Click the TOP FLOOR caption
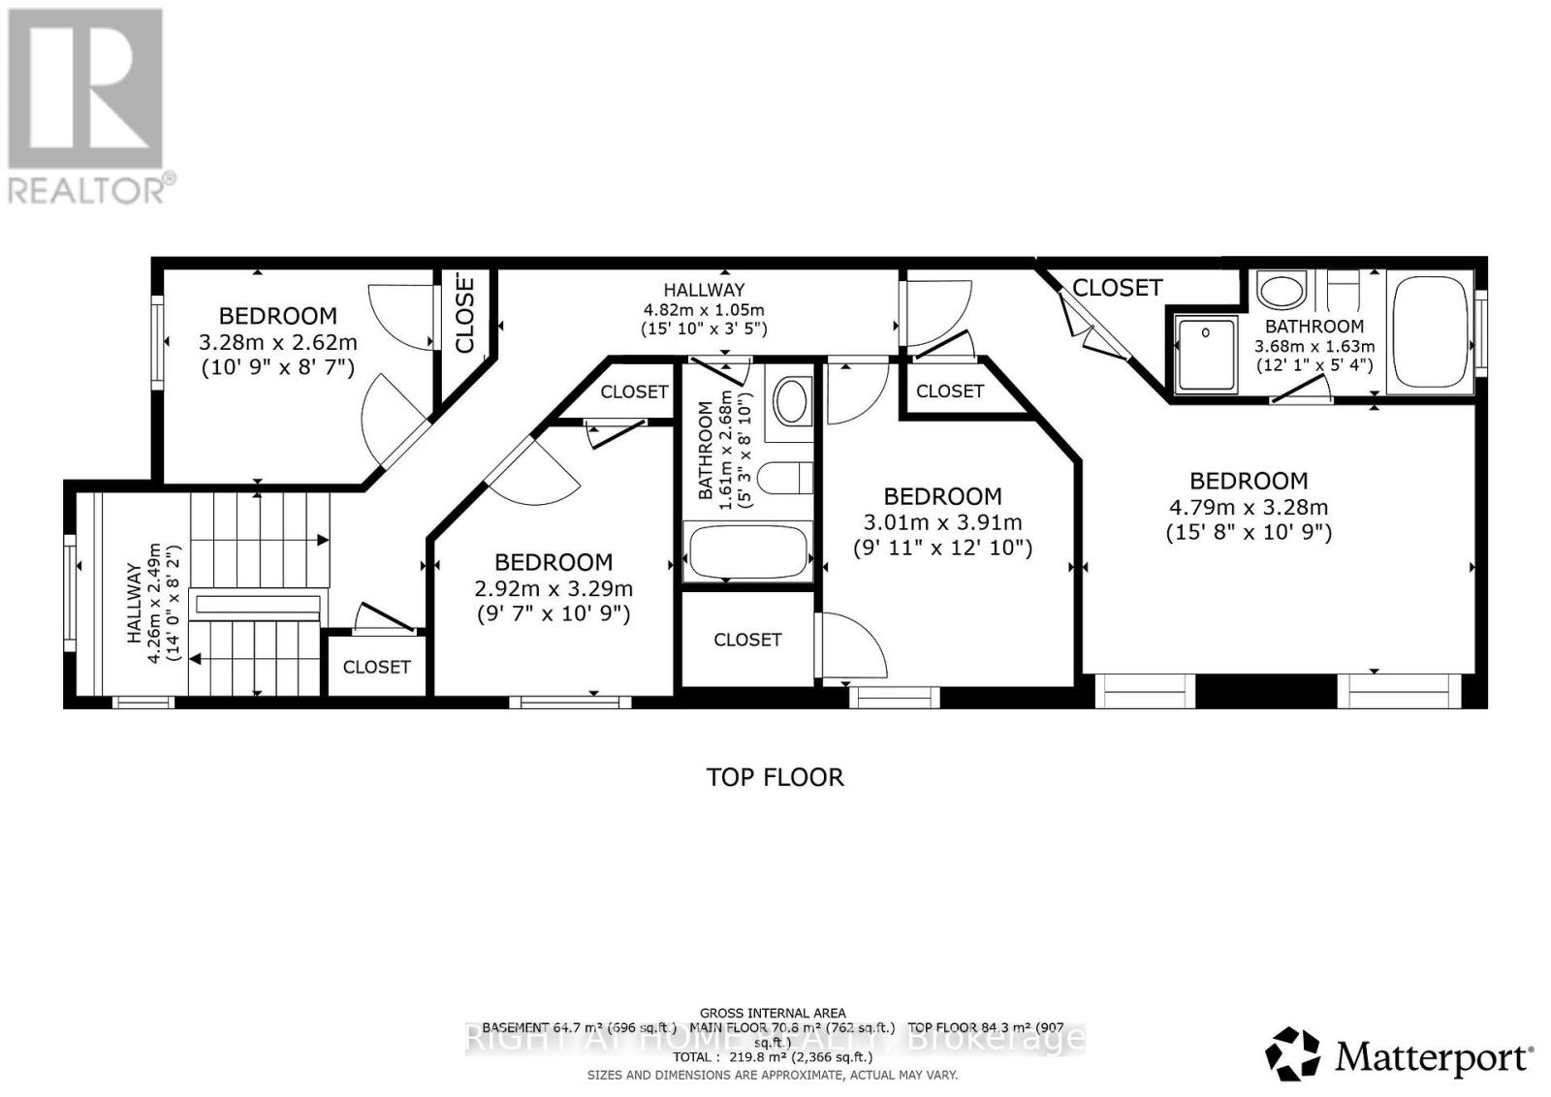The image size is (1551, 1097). coord(775,777)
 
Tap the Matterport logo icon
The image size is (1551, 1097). coord(1292,1053)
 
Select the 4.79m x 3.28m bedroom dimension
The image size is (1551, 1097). coord(1249,507)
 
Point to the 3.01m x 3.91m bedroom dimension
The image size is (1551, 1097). coord(942,522)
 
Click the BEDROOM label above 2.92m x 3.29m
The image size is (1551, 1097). coord(554,562)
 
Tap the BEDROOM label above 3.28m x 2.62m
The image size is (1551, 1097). coord(277,316)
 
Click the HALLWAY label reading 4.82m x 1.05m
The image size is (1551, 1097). coord(704,290)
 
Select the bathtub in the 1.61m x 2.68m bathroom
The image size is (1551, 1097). coord(747,552)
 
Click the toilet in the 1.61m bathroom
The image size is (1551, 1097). coord(786,477)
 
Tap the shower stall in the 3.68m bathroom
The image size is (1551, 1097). coord(1206,355)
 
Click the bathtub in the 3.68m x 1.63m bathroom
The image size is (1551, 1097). coord(1429,332)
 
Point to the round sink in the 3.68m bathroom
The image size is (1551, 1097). coord(1282,290)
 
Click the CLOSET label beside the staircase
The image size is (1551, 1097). coord(376,667)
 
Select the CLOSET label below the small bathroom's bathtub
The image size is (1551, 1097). coord(747,640)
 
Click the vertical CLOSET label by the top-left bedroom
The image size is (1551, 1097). coord(464,312)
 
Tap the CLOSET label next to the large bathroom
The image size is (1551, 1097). coord(1117,288)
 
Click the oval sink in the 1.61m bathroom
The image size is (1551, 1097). coord(792,401)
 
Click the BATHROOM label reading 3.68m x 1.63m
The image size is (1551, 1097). coord(1314,327)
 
